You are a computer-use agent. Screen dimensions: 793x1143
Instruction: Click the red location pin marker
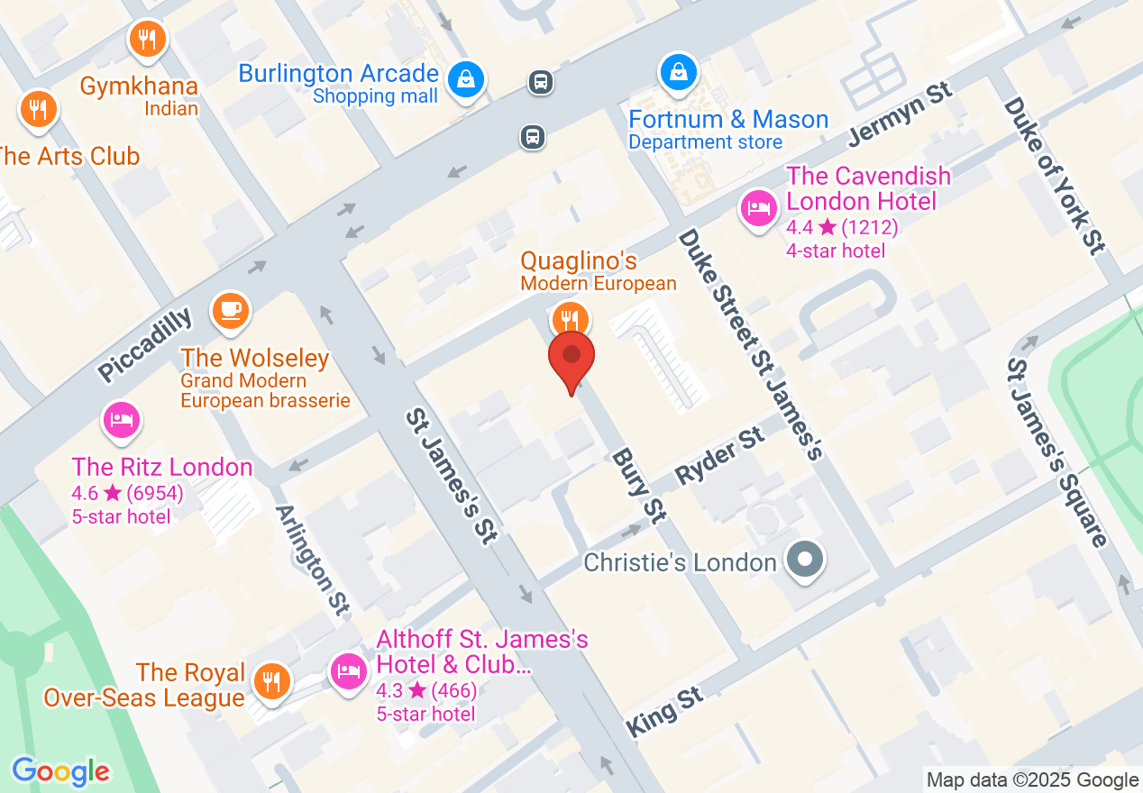571,356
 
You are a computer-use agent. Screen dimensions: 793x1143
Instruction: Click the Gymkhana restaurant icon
147,40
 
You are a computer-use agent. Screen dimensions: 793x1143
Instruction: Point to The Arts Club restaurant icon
38,110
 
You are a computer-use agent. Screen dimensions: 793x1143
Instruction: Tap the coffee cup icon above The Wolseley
231,311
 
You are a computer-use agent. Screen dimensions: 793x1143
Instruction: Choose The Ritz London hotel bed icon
121,420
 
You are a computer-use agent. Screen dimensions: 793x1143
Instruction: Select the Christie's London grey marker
806,560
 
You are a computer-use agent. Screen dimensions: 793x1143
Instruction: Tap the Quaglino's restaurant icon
570,319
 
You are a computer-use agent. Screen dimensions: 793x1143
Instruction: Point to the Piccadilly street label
146,344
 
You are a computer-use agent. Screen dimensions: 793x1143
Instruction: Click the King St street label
664,713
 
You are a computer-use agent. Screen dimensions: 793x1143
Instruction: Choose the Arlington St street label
313,560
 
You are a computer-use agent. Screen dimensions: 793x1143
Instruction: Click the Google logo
60,771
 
